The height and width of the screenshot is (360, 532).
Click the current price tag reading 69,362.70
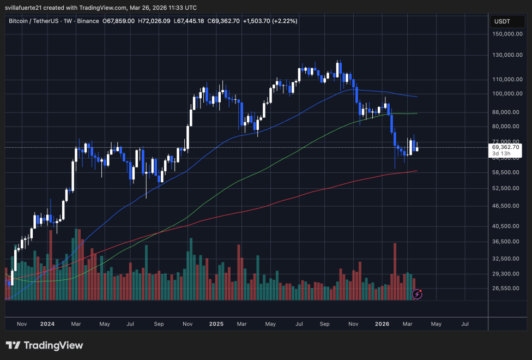(x=506, y=147)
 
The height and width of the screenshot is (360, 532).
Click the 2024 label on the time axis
(x=47, y=323)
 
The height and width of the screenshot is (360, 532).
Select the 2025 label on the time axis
(x=216, y=323)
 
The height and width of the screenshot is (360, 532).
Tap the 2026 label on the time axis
(x=382, y=323)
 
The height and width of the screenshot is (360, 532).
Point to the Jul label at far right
(x=465, y=323)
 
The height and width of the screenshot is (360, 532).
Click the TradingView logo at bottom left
(x=44, y=345)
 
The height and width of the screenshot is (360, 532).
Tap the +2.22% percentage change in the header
(x=282, y=21)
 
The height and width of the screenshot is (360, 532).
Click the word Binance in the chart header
(x=88, y=21)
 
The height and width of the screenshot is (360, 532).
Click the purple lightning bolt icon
(x=417, y=294)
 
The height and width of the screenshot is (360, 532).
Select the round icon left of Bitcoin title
(x=5, y=21)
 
